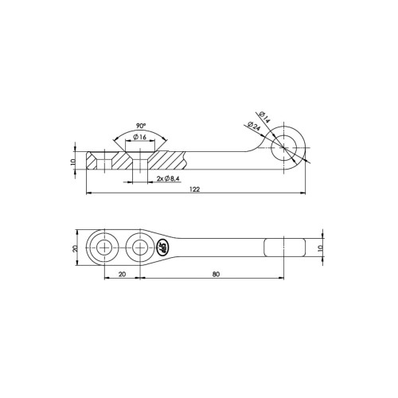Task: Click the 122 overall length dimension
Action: tap(195, 189)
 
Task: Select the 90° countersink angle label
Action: tap(141, 126)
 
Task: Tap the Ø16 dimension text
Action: tap(140, 137)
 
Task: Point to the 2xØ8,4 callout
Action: tap(168, 179)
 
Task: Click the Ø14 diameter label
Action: tap(264, 117)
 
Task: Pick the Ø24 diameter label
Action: tap(254, 126)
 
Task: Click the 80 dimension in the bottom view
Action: tap(216, 274)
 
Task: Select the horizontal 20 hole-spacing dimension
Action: tap(122, 274)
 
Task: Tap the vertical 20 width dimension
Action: tap(76, 248)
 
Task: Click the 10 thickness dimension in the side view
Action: tap(73, 162)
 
